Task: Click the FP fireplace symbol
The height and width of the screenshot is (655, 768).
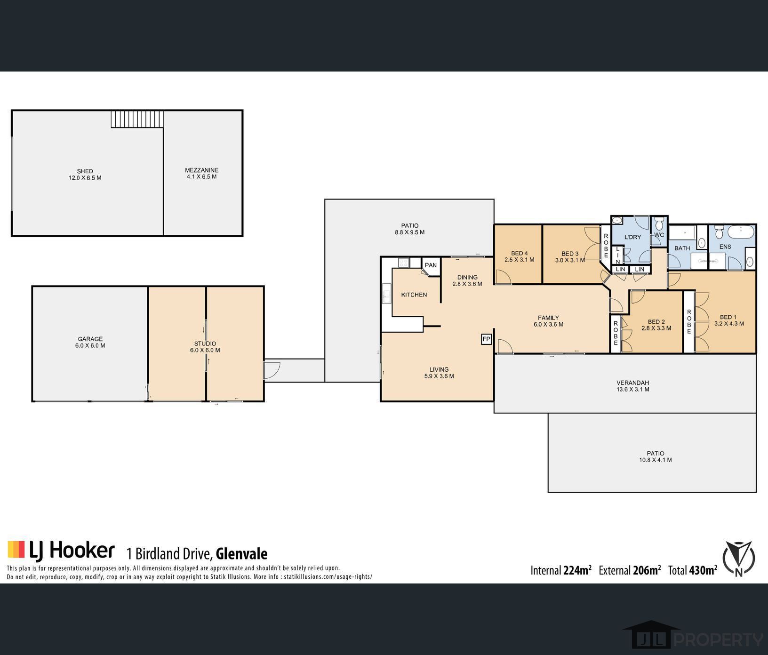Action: (486, 339)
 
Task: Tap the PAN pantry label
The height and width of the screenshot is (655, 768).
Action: (431, 265)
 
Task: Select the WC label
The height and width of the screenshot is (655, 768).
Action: (659, 235)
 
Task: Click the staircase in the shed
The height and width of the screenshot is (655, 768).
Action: (137, 119)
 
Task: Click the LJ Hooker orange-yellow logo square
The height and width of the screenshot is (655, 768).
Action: (16, 549)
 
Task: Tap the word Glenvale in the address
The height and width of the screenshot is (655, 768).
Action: (241, 553)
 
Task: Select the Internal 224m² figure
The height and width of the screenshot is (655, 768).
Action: (561, 570)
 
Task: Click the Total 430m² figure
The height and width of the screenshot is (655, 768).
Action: (693, 570)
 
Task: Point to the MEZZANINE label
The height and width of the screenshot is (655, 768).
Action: (201, 170)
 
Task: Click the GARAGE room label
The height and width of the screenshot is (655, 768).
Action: (90, 339)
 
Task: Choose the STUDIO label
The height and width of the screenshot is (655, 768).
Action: (205, 343)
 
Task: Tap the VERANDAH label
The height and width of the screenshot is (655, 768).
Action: (633, 383)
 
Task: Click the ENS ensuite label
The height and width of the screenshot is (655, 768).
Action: (725, 247)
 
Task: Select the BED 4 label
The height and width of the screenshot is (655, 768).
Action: (520, 253)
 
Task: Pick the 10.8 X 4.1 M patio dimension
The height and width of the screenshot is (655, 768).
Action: (656, 460)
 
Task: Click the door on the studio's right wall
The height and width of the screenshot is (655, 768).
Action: (272, 370)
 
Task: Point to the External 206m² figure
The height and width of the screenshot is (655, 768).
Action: (630, 570)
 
